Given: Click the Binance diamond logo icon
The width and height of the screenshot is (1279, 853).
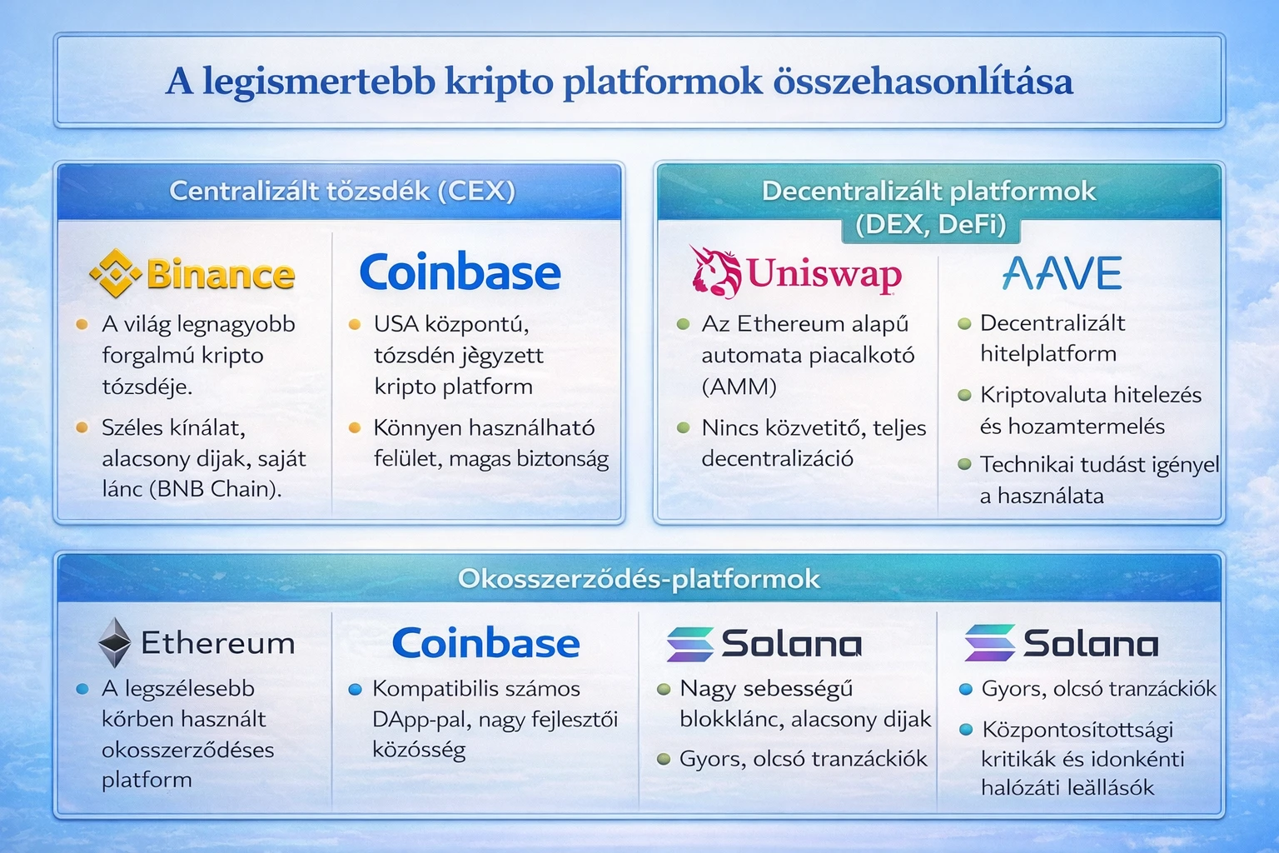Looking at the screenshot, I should pyautogui.click(x=115, y=274).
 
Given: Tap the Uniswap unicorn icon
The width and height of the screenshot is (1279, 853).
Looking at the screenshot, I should pyautogui.click(x=715, y=271).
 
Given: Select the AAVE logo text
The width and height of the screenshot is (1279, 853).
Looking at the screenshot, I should pyautogui.click(x=1062, y=273).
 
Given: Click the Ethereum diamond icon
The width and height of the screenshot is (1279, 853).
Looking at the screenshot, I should pyautogui.click(x=115, y=642).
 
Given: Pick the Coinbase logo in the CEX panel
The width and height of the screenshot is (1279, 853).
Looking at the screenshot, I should pyautogui.click(x=460, y=272).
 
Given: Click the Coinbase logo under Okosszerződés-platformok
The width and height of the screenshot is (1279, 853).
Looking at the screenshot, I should pyautogui.click(x=485, y=643).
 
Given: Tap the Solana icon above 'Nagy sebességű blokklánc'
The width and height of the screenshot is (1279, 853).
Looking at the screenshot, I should pyautogui.click(x=690, y=644).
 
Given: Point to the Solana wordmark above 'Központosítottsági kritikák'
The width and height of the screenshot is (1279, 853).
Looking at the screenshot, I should pyautogui.click(x=1090, y=644).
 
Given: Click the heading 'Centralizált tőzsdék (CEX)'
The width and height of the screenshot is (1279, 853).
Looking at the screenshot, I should pyautogui.click(x=342, y=191).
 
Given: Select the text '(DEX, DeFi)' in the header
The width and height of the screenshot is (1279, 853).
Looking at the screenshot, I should pyautogui.click(x=930, y=224).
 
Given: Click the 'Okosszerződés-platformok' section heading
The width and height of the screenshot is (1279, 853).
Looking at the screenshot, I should pyautogui.click(x=639, y=579).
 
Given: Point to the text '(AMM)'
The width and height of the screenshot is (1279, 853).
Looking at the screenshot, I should pyautogui.click(x=739, y=387).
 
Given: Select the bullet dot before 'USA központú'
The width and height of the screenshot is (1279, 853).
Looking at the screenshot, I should pyautogui.click(x=355, y=324).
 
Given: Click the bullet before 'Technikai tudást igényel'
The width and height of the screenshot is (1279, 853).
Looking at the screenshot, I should pyautogui.click(x=964, y=464).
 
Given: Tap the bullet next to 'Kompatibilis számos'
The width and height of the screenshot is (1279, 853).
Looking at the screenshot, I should pyautogui.click(x=355, y=689).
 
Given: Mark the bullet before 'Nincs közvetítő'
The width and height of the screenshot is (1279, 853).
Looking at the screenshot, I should pyautogui.click(x=684, y=427).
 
